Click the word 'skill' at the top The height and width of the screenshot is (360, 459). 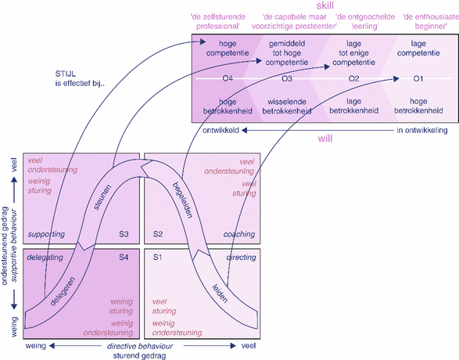[x=325, y=5]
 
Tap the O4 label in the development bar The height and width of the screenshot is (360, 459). [x=228, y=79]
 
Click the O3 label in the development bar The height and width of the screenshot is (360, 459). [x=287, y=79]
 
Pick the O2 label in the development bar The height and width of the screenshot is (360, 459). [x=353, y=79]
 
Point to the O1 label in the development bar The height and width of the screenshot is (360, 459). [x=419, y=79]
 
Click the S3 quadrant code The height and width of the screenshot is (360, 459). [x=124, y=234]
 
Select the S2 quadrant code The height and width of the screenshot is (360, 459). [x=158, y=234]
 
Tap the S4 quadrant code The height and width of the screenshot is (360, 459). [x=124, y=256]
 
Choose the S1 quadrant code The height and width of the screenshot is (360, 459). [x=158, y=256]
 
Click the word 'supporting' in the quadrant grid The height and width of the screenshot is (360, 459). [x=46, y=234]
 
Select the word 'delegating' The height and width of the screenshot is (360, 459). [x=45, y=256]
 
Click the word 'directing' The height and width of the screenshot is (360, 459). [x=240, y=256]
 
